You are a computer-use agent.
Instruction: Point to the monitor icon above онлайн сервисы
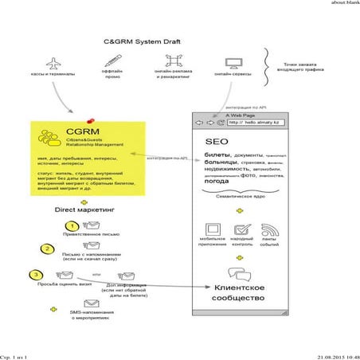[233, 62]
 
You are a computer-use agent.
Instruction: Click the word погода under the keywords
[217, 181]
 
